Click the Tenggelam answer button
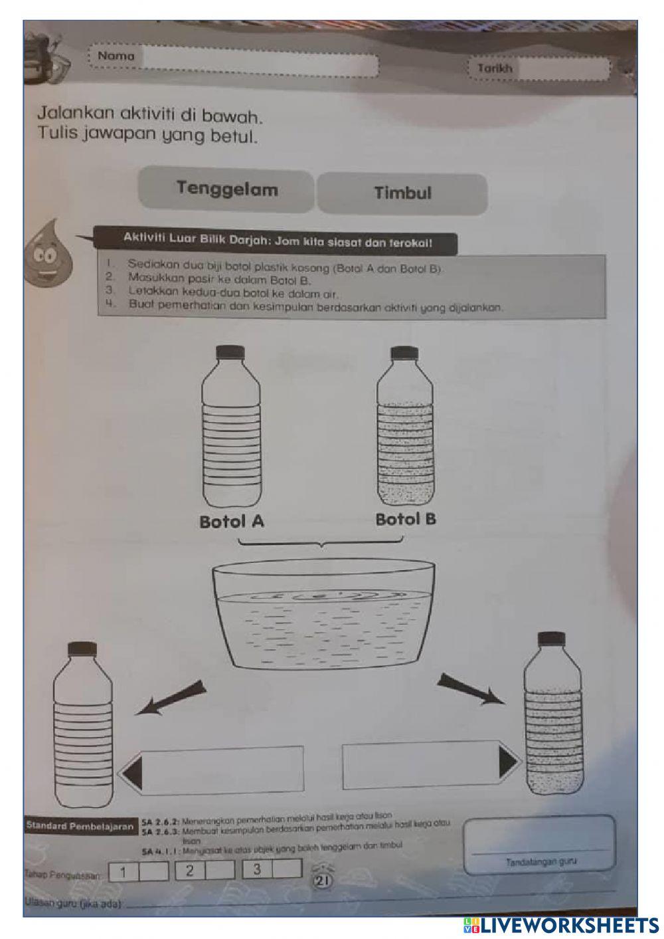click(x=226, y=190)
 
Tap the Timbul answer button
click(x=402, y=193)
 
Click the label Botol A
click(x=232, y=522)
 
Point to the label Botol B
click(x=406, y=519)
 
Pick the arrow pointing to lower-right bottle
click(x=469, y=688)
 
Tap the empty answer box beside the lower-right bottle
click(x=420, y=765)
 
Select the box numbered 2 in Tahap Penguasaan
click(x=190, y=871)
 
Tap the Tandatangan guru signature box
click(x=539, y=844)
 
